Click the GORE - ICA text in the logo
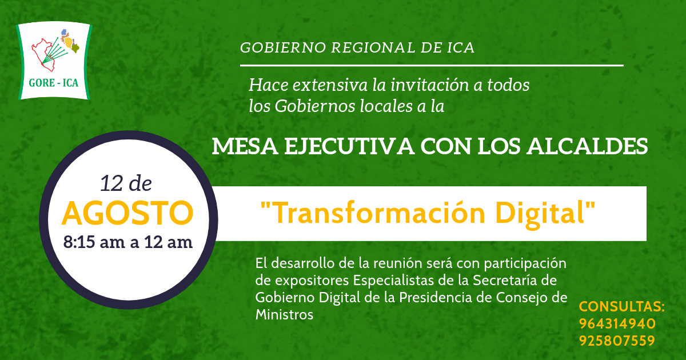point(54,83)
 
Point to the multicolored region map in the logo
point(70,41)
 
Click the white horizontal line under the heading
point(432,66)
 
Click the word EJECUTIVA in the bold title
point(349,146)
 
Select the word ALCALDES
point(587,146)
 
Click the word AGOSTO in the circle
point(127,213)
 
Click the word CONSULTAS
point(622,307)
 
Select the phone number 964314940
point(617,324)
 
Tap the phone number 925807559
point(617,341)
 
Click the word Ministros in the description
point(284,315)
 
